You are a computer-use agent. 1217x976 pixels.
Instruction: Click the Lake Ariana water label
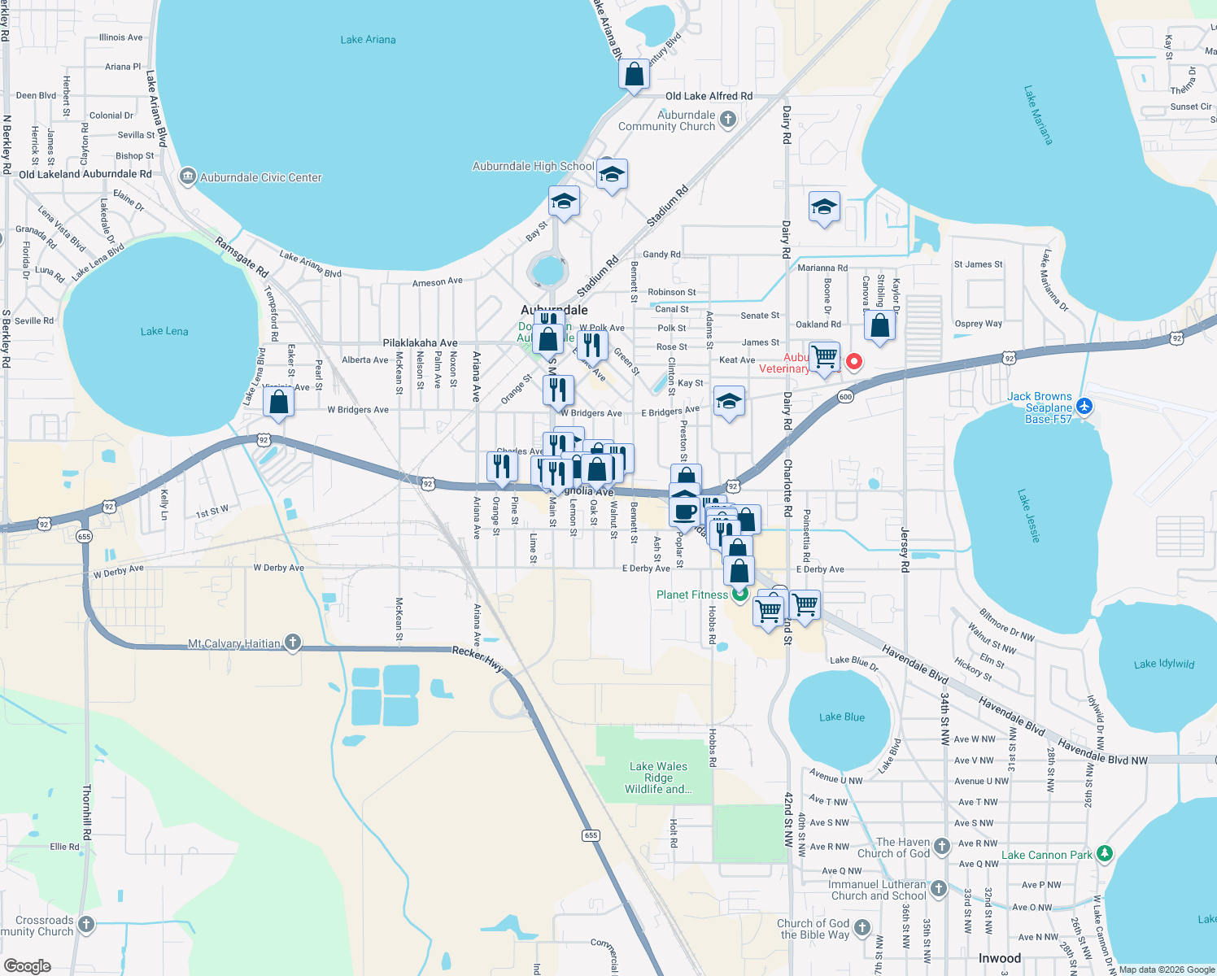[x=368, y=40]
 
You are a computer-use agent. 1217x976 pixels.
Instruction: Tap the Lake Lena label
[x=164, y=331]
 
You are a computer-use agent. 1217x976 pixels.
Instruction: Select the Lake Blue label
[x=842, y=717]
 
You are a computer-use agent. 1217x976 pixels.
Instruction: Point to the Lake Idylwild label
[x=1164, y=664]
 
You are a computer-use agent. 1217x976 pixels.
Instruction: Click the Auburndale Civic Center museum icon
[x=188, y=176]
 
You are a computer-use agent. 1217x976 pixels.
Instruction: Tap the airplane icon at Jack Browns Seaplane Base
[x=1084, y=406]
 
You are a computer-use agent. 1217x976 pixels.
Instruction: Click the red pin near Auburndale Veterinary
[x=854, y=361]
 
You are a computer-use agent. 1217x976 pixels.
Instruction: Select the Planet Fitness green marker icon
[x=739, y=594]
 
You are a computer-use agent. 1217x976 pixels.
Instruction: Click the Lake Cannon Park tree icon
[x=1104, y=854]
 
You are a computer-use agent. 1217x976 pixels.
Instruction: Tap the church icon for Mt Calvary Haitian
[x=293, y=643]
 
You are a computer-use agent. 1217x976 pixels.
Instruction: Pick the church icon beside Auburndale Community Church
[x=728, y=120]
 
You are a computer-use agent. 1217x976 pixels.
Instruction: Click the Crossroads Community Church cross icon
[x=86, y=925]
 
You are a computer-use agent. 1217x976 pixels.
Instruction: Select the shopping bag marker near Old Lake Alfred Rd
[x=634, y=75]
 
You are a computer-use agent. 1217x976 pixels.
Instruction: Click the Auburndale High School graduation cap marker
[x=612, y=174]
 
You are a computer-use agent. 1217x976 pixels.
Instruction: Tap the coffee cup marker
[x=685, y=512]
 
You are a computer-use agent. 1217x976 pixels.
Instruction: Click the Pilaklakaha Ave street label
[x=420, y=343]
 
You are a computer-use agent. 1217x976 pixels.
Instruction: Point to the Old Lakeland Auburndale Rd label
[x=85, y=174]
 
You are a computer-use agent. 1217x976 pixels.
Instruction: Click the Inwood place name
[x=999, y=958]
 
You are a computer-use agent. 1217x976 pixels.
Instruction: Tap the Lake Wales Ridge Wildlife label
[x=658, y=778]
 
